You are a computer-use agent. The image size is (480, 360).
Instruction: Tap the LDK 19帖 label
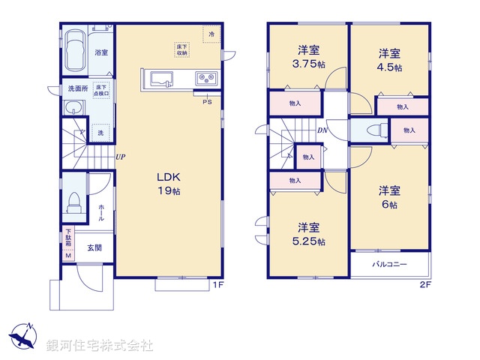point(168,184)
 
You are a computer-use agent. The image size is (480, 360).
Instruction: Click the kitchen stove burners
point(205,77)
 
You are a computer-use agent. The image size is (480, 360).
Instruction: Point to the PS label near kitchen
point(206,103)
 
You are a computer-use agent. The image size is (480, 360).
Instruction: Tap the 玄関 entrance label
point(93,248)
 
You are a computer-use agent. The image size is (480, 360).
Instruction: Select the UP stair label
point(120,157)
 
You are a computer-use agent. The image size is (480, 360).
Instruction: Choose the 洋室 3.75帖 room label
point(310,58)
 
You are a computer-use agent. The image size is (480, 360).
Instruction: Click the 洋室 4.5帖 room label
point(389,60)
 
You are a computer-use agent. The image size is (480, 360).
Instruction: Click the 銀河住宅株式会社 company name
point(100,346)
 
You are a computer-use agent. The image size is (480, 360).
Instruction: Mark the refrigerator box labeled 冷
point(211,34)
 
